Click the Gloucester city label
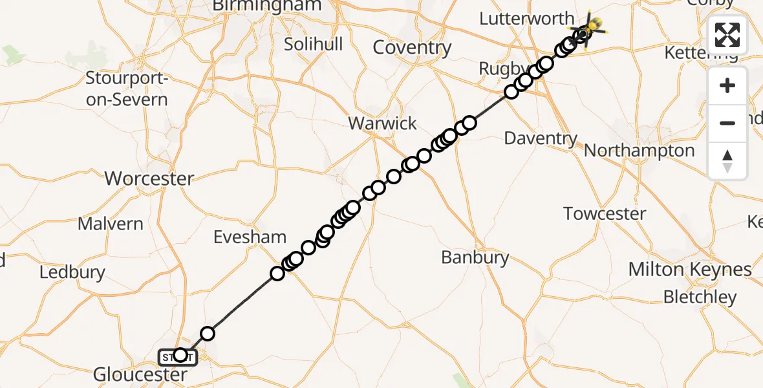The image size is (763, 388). point(140,374)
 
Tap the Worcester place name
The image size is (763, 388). point(149,178)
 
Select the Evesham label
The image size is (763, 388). point(250,237)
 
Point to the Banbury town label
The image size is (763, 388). point(475,257)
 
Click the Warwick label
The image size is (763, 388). point(383,124)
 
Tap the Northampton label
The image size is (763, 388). point(639,151)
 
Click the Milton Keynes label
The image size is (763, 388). point(690,270)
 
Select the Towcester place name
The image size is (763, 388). point(605,213)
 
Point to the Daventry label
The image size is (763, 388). point(541,138)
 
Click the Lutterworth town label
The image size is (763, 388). point(526,18)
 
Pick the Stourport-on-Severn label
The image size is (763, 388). point(127,90)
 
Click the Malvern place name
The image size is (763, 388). point(111,224)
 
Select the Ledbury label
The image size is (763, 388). point(72,272)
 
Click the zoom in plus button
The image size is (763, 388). point(727,85)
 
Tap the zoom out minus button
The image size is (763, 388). point(727,123)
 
